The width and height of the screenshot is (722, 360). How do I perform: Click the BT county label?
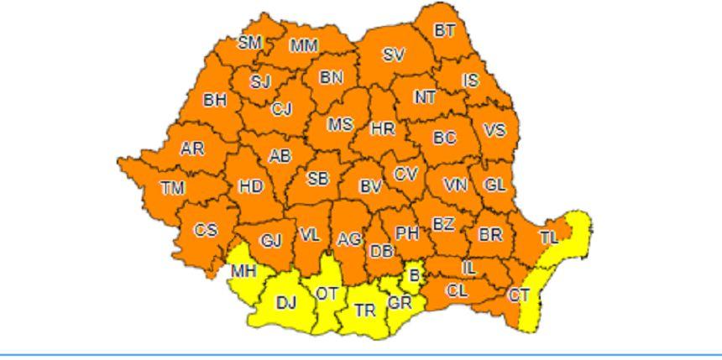pos(444,30)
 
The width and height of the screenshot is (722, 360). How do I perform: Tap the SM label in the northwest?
pos(249,43)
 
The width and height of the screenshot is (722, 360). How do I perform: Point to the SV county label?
pos(393,55)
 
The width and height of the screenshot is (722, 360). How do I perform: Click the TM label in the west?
pos(172,188)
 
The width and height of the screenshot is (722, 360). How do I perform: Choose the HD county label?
pos(251,186)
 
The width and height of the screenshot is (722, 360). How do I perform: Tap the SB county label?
pos(317,179)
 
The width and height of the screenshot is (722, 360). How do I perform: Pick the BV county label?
pos(370,187)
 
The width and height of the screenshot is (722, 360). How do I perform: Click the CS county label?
pos(206,230)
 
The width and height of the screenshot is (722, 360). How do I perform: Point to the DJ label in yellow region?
pos(286,302)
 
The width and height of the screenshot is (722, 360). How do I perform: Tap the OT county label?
pos(326,294)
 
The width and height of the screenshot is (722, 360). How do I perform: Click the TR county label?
pos(365,310)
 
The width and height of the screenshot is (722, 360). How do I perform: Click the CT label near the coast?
pos(519,295)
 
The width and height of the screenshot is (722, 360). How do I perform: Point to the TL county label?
pos(548,237)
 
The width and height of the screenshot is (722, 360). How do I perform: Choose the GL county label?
pos(494,185)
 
